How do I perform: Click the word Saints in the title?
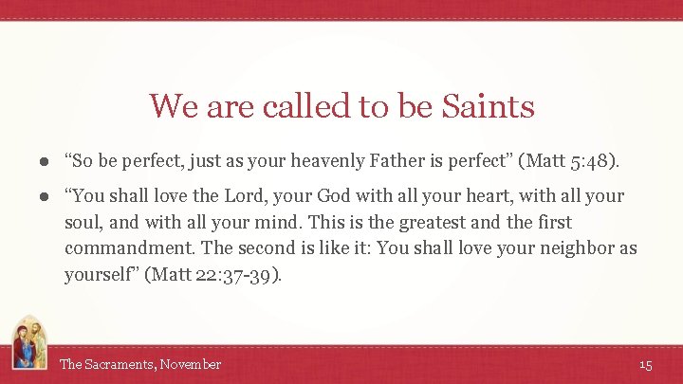tap(488, 106)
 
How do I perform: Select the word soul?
tap(83, 223)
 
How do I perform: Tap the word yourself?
tap(99, 276)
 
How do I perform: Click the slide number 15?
tap(646, 364)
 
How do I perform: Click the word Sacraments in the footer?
tap(118, 364)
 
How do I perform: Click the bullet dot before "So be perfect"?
tap(44, 162)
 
